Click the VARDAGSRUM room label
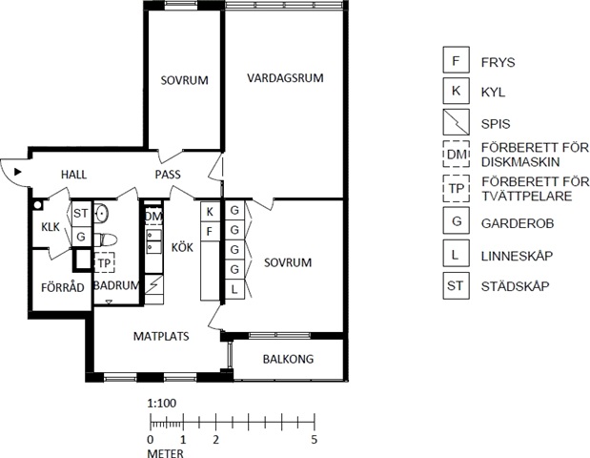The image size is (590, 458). (x=285, y=78)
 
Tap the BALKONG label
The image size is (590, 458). (x=288, y=359)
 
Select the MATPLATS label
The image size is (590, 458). (x=161, y=336)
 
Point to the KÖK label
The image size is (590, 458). (x=182, y=247)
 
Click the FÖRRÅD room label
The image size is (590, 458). (x=63, y=287)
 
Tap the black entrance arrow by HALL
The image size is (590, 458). (x=18, y=172)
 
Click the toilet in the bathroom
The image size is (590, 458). (x=106, y=239)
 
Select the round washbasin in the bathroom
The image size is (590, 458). (x=101, y=214)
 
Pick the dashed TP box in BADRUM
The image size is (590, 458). (x=104, y=263)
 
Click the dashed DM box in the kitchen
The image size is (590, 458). (x=153, y=216)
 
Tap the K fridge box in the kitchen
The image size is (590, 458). (x=210, y=212)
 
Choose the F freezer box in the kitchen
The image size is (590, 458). (x=210, y=232)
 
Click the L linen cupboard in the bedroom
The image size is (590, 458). (x=234, y=289)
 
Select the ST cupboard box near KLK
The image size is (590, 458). (x=81, y=214)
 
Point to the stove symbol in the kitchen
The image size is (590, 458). (x=153, y=284)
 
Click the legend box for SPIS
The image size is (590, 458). (x=456, y=122)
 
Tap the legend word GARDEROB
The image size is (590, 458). (x=518, y=223)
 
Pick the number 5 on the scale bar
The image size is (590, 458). (x=315, y=439)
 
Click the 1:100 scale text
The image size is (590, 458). (x=162, y=404)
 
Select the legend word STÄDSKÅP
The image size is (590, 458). (x=515, y=286)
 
